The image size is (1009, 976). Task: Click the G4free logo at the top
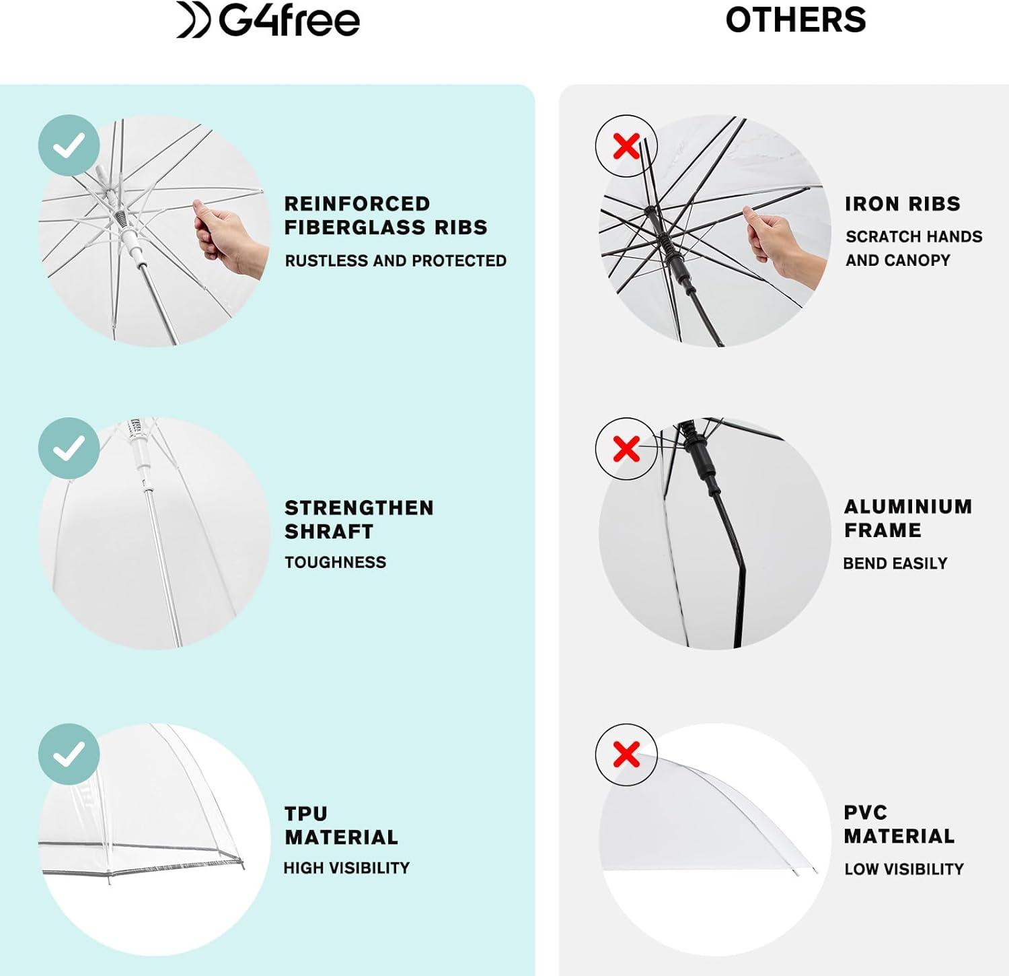268,20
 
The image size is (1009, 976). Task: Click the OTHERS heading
796,20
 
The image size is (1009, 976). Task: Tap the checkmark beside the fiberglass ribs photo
69,145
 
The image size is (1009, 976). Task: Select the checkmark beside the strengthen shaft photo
69,448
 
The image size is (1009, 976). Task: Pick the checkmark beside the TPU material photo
69,755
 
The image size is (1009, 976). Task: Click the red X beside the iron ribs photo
626,145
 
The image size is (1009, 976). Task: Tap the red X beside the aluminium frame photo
626,448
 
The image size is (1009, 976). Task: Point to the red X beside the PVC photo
626,755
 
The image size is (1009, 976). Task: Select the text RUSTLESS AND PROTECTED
396,260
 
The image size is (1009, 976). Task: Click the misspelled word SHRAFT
329,532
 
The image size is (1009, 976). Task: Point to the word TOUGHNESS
336,562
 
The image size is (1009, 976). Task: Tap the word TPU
306,814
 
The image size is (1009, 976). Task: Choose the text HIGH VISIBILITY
346,868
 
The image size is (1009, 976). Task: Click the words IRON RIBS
903,204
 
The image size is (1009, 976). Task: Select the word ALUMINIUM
908,506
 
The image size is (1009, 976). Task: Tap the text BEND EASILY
895,563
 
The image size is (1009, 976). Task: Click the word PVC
866,812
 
